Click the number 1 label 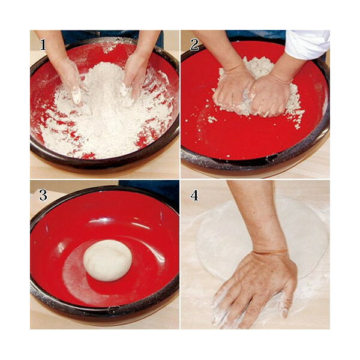click(x=43, y=44)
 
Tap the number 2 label click(x=194, y=44)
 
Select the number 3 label click(x=43, y=196)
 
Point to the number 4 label click(x=194, y=196)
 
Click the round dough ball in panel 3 click(x=107, y=260)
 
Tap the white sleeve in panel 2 click(x=308, y=44)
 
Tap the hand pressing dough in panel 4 click(x=255, y=289)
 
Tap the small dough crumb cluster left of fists click(x=212, y=119)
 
